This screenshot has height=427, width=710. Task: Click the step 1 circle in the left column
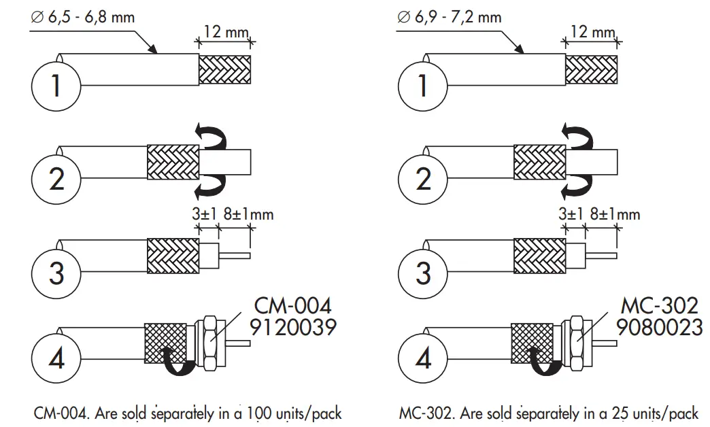coord(56,86)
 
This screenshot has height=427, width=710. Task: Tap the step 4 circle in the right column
coord(423,358)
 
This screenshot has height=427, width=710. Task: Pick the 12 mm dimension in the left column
coord(225,32)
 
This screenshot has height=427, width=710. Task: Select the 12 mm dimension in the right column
coord(592,32)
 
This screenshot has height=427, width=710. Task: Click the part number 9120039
coord(293,328)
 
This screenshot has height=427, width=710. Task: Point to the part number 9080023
coord(659,328)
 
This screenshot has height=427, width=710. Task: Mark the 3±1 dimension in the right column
coord(571,214)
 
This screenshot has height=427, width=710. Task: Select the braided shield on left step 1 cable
coord(225,69)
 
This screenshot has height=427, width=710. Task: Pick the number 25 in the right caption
coord(620,413)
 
